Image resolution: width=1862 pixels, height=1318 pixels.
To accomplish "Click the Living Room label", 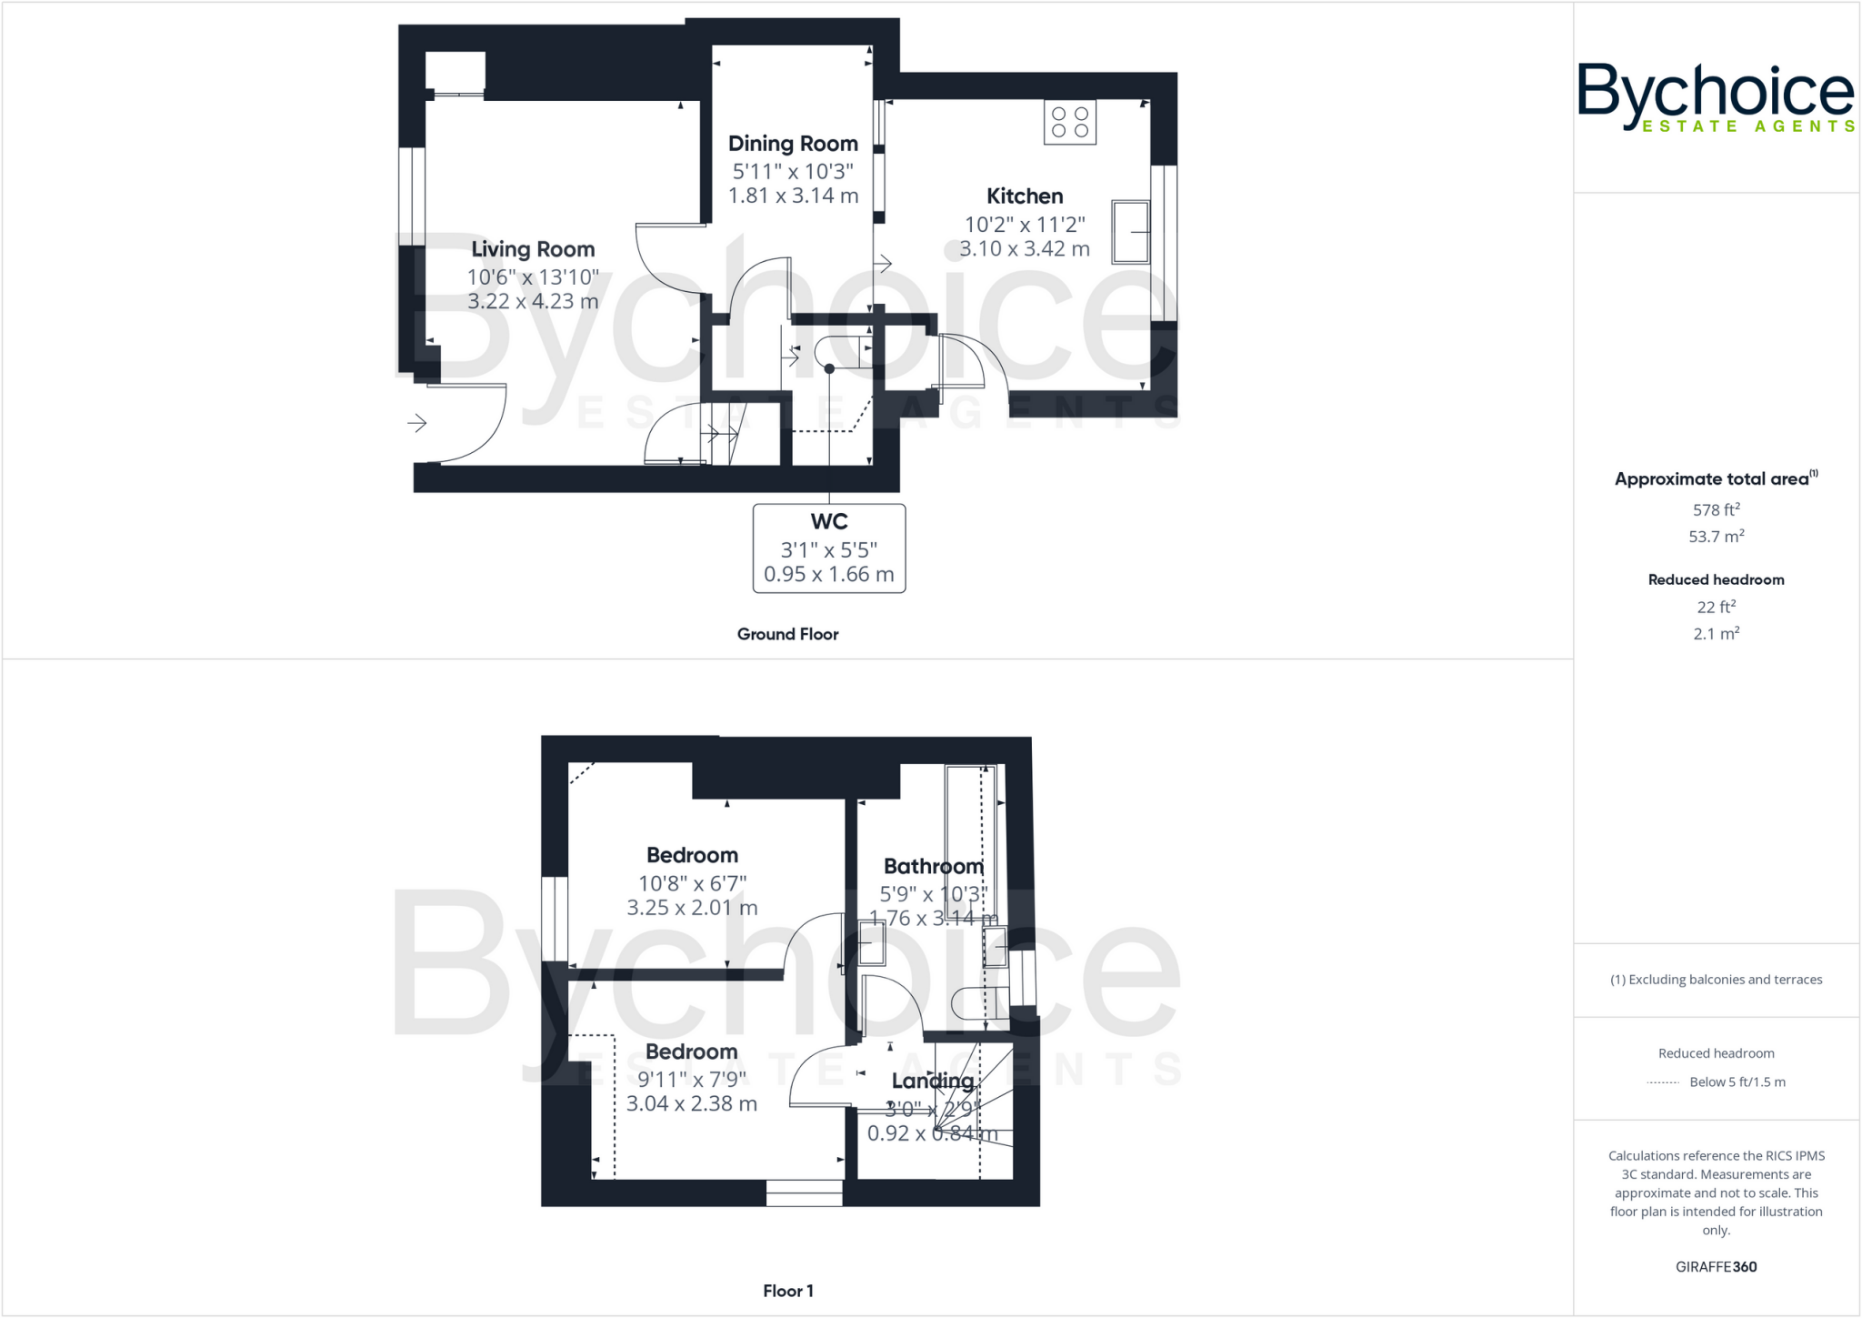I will [533, 249].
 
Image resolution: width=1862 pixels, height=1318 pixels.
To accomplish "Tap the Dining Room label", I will [793, 144].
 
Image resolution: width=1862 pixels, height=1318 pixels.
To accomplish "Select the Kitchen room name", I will [1025, 196].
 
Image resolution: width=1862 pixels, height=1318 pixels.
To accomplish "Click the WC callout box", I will [829, 548].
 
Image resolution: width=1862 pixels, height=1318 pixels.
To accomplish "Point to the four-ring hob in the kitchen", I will [1070, 123].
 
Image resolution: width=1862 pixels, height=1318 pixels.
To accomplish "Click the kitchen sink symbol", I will [1130, 232].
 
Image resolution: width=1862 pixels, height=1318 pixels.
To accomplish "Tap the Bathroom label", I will [934, 867].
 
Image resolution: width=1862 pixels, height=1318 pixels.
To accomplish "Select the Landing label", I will [932, 1081].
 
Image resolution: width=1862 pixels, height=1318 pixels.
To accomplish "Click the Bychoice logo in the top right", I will [1716, 97].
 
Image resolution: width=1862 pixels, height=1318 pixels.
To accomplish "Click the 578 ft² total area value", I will [1716, 510].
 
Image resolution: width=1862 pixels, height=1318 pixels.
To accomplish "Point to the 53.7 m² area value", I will [1716, 537].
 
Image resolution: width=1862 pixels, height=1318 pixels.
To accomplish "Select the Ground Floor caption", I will [787, 634].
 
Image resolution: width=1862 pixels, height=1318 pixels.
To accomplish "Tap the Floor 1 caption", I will [787, 1291].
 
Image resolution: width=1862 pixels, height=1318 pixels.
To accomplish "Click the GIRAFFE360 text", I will [1716, 1266].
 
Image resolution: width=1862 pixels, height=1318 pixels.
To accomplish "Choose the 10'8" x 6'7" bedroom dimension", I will [692, 883].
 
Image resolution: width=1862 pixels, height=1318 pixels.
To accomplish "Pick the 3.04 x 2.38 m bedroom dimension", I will [692, 1104].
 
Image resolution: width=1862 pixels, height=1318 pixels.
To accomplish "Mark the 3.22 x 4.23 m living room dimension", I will [533, 302].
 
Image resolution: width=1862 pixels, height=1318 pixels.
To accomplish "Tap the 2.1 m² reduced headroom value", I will [1716, 634].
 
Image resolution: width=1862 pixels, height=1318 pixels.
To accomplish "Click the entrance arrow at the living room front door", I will [417, 423].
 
